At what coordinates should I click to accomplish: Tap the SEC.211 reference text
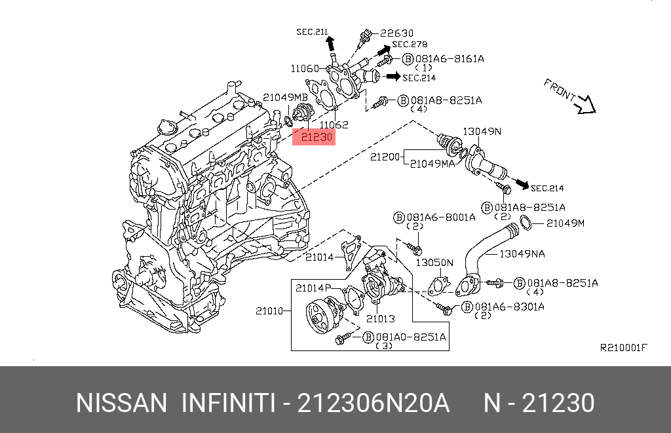311,31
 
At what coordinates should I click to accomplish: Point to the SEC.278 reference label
410,45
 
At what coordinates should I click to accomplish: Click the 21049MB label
280,97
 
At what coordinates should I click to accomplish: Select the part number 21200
385,157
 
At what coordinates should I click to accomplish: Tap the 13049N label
482,131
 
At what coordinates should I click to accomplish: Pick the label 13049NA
522,253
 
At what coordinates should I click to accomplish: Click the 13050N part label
434,263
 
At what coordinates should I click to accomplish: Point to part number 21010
269,311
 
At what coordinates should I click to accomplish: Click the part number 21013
380,319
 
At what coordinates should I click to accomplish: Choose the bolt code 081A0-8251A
411,337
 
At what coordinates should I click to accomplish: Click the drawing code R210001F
623,347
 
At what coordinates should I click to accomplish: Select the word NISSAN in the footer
122,403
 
